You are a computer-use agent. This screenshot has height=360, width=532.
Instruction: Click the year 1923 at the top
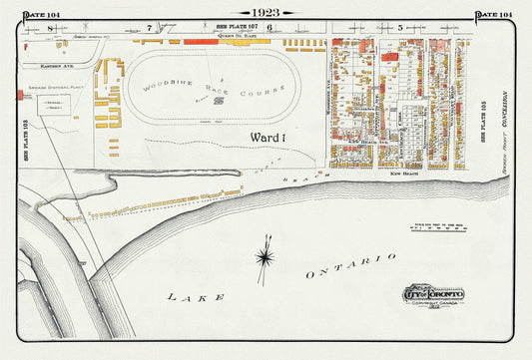pos(266,13)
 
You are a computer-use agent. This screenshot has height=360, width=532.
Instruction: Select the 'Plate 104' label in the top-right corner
pos(493,14)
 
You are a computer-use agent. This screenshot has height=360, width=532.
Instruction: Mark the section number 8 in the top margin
pos(49,29)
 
